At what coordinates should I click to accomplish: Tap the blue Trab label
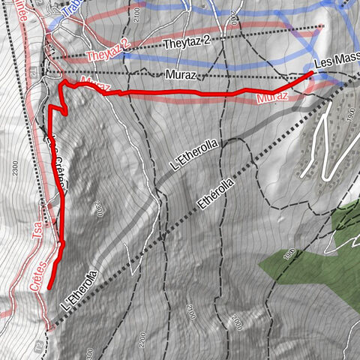click(x=72, y=9)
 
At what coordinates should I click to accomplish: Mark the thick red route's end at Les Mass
click(x=311, y=72)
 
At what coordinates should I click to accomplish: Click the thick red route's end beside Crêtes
click(x=49, y=287)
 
